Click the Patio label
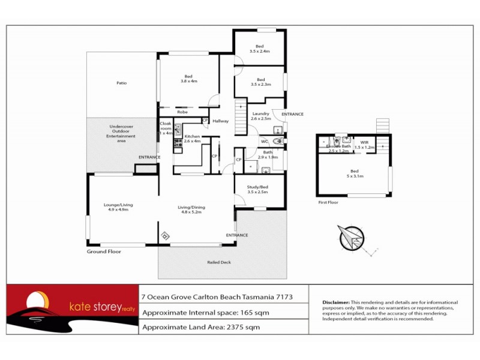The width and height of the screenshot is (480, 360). pyautogui.click(x=122, y=83)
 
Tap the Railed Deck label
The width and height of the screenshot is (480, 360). pyautogui.click(x=219, y=262)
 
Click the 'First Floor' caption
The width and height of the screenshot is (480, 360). pyautogui.click(x=328, y=203)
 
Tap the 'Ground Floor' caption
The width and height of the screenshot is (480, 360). pyautogui.click(x=104, y=251)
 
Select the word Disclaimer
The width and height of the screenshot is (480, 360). pyautogui.click(x=335, y=302)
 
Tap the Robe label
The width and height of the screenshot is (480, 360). pyautogui.click(x=183, y=112)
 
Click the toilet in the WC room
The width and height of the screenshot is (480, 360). pyautogui.click(x=277, y=142)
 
